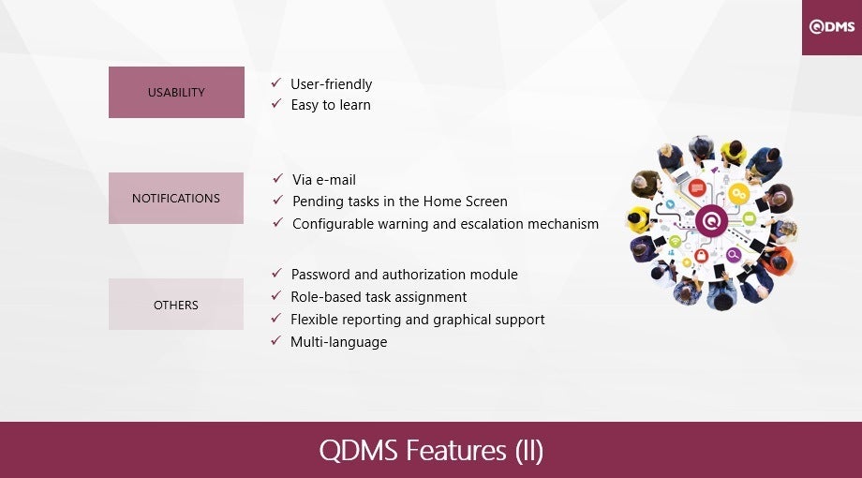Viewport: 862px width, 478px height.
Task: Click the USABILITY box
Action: pos(176,93)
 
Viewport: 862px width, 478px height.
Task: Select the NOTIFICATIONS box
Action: pos(176,198)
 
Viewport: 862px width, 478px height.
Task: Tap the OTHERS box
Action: pos(176,305)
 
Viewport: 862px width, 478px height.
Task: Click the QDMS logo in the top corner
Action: pos(832,27)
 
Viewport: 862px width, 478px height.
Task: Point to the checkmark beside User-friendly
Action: pos(276,83)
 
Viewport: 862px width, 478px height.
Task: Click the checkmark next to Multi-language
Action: pos(276,341)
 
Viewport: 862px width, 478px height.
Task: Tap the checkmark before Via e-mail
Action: pos(277,179)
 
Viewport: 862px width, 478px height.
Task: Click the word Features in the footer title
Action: pos(455,450)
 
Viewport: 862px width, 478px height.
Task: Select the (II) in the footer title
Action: pos(529,451)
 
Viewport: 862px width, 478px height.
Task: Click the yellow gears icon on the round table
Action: pos(738,194)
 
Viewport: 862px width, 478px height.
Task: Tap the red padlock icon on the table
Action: pos(701,255)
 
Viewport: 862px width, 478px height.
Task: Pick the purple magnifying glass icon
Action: pos(734,255)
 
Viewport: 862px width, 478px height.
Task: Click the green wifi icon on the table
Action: pos(676,241)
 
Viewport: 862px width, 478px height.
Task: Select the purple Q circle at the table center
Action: pos(711,221)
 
